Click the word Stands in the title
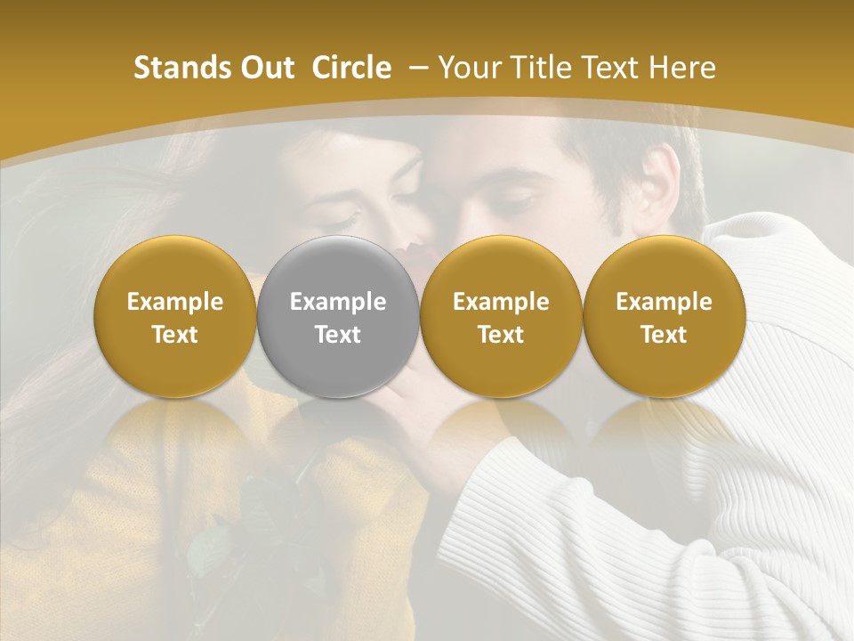click(x=175, y=68)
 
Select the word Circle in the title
click(x=351, y=68)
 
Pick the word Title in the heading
click(x=539, y=68)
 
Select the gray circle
click(x=338, y=316)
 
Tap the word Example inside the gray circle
click(x=338, y=302)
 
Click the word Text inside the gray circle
click(x=338, y=335)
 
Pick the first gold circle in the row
click(x=174, y=316)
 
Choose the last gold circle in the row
click(x=664, y=316)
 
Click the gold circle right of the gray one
click(x=501, y=316)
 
